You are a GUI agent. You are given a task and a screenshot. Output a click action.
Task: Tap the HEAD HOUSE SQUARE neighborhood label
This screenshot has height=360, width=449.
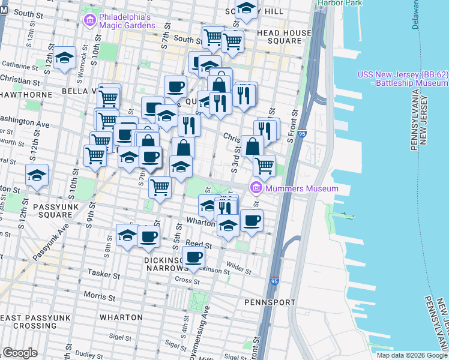click(x=285, y=37)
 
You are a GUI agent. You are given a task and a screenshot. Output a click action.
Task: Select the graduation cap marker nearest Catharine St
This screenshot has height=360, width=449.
click(x=64, y=58)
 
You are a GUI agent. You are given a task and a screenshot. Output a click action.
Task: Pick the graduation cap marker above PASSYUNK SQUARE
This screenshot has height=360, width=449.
click(x=37, y=176)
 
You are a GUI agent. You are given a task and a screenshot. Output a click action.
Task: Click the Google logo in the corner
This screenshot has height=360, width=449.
click(x=20, y=353)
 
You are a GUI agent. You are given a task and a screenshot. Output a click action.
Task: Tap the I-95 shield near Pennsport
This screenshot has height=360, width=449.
click(x=275, y=280)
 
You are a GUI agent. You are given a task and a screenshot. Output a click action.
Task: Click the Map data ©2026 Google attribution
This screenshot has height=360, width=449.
click(x=412, y=355)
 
